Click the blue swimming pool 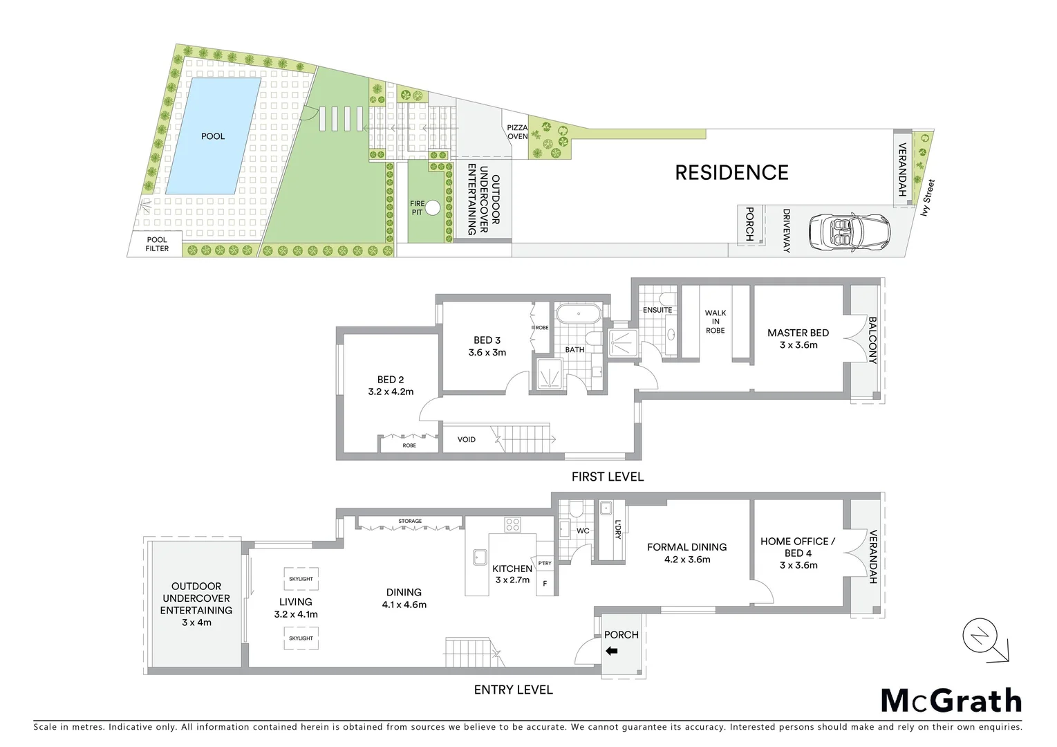213,136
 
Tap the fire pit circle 433,207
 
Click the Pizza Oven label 517,132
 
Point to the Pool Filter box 157,244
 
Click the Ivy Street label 928,197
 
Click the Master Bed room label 798,333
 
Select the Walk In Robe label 715,322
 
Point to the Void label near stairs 467,439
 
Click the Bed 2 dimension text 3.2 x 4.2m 391,391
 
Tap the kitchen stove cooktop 512,525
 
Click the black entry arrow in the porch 612,651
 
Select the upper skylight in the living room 301,579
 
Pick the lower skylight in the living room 301,638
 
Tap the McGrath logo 951,701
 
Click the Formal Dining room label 686,547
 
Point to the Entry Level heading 513,690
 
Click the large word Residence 731,172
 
